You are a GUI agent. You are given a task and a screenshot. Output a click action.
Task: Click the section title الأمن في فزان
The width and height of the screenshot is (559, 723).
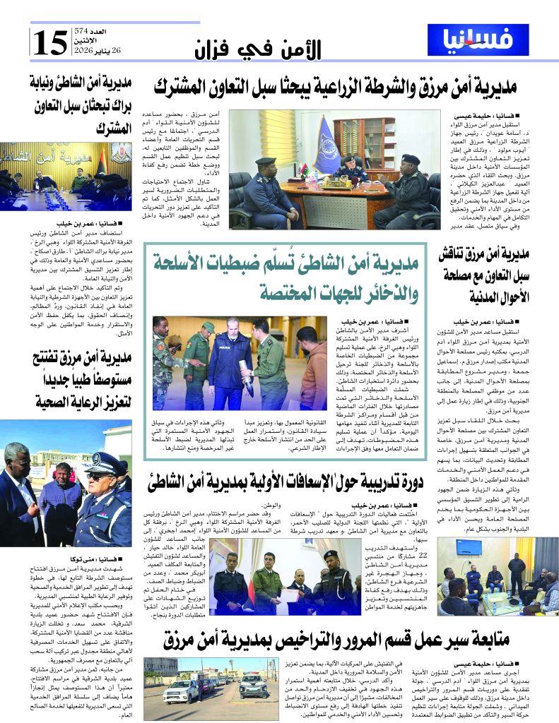[x=257, y=50]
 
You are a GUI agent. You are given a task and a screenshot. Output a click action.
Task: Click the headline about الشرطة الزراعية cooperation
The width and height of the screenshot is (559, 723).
[x=335, y=88]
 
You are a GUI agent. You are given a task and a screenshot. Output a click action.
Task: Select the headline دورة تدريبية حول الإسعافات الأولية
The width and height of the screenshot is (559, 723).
[x=284, y=483]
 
